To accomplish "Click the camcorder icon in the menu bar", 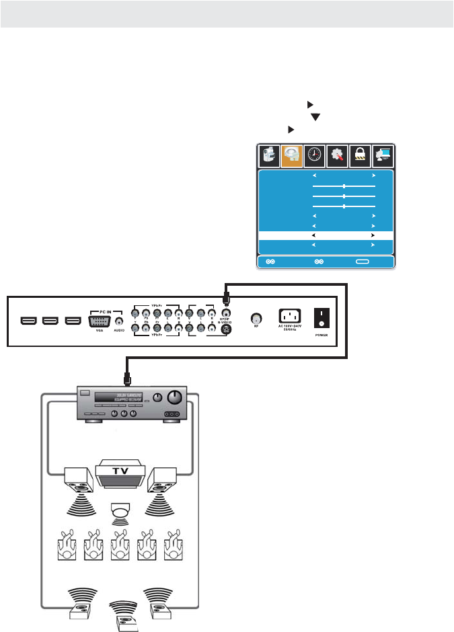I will tap(269, 157).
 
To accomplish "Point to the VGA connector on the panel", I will tap(100, 321).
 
